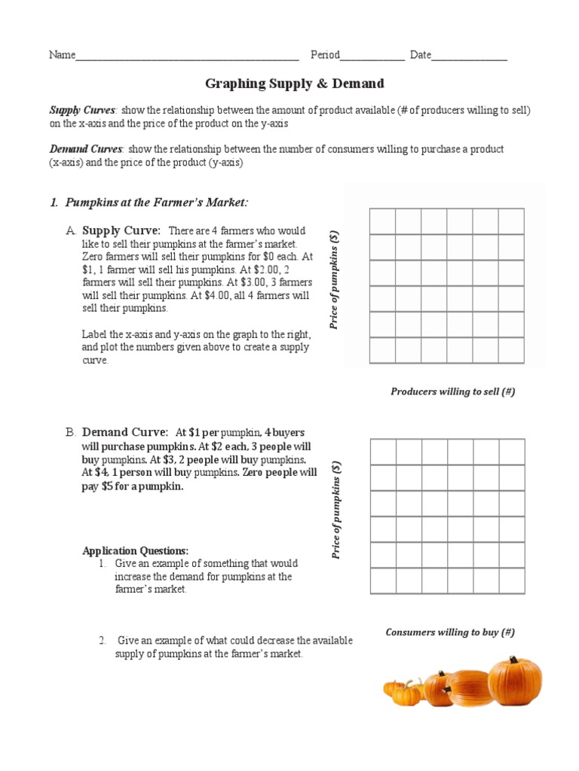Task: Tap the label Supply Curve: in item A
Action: (x=121, y=230)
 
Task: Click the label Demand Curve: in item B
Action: (x=124, y=432)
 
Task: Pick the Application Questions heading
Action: (x=136, y=550)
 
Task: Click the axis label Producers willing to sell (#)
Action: (x=452, y=392)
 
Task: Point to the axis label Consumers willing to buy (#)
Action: (x=450, y=632)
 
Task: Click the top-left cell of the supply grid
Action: (x=383, y=221)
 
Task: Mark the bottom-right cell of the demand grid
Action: (x=512, y=581)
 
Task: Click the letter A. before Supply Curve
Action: (x=70, y=230)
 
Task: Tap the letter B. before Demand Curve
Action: (x=70, y=432)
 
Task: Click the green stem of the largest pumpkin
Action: (x=516, y=660)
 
